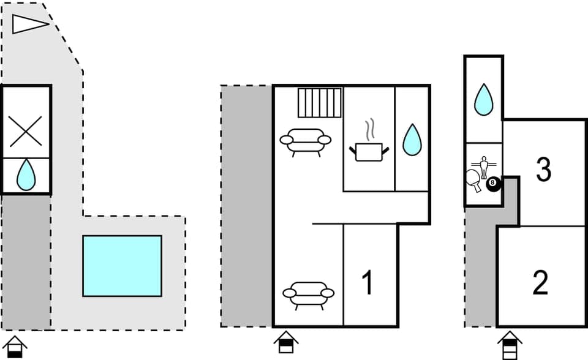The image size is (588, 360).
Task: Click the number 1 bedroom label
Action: click(x=367, y=283)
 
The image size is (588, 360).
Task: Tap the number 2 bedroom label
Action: click(x=540, y=282)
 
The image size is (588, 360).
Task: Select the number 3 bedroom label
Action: click(x=543, y=170)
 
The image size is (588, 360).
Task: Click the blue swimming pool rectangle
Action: click(x=122, y=266)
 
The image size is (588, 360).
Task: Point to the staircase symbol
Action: click(x=320, y=102)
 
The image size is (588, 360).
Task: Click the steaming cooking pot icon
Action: click(x=369, y=148)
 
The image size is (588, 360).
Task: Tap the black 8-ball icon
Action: click(x=493, y=183)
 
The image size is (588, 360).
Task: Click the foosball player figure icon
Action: click(x=483, y=167)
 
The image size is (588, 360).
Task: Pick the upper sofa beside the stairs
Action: click(x=305, y=140)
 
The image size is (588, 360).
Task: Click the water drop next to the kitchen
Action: click(x=412, y=140)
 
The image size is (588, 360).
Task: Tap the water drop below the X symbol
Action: click(x=26, y=175)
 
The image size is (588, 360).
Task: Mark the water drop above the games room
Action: click(x=484, y=99)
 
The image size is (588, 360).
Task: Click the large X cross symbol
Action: click(x=26, y=131)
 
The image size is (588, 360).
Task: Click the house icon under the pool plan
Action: click(x=16, y=347)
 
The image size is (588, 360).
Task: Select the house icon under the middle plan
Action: click(x=285, y=342)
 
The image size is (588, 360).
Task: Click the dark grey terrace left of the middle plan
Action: click(x=246, y=206)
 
